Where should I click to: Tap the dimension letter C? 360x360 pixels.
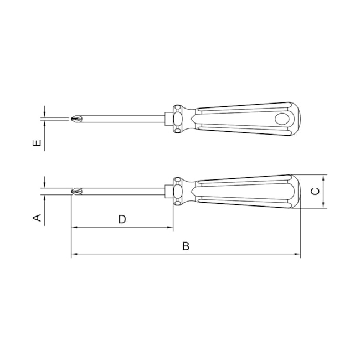point(315,192)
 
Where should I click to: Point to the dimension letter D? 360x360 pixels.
point(122,219)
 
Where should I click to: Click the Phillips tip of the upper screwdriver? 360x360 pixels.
point(77,117)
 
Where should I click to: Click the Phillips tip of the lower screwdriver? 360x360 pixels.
point(77,192)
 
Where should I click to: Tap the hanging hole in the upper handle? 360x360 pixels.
point(282,118)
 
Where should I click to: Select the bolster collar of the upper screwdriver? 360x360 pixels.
point(178,118)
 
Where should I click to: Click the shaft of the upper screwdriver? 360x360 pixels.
point(125,117)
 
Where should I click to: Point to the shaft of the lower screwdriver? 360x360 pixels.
point(125,192)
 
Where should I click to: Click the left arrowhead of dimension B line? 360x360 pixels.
point(74,255)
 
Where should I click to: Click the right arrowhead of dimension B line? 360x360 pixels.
point(297,255)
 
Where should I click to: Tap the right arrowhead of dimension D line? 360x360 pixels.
point(171,228)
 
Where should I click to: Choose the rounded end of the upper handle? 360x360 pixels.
point(296,118)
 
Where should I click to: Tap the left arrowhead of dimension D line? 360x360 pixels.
point(74,228)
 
